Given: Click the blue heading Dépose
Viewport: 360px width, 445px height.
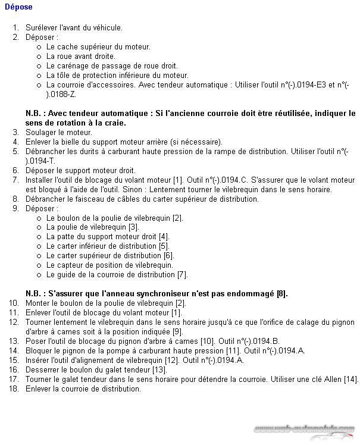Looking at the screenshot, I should [x=18, y=7].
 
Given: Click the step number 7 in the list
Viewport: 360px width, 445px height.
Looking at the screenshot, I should [x=16, y=180].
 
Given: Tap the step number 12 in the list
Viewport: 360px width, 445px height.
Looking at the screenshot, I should [x=14, y=322].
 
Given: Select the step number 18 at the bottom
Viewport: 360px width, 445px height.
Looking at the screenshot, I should [x=14, y=388].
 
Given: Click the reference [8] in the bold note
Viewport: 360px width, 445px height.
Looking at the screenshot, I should [x=282, y=293].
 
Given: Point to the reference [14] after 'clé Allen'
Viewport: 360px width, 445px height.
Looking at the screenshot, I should [x=350, y=379].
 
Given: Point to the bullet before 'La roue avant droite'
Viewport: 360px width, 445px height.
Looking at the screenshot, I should [x=39, y=57].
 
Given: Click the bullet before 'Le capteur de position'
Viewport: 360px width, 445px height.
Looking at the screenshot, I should [x=39, y=265].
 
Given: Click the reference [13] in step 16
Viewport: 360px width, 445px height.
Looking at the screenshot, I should [x=158, y=369].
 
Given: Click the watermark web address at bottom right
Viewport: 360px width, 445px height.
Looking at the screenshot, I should [x=304, y=429].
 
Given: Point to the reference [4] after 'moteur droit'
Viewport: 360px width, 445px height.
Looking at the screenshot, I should [x=164, y=237].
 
